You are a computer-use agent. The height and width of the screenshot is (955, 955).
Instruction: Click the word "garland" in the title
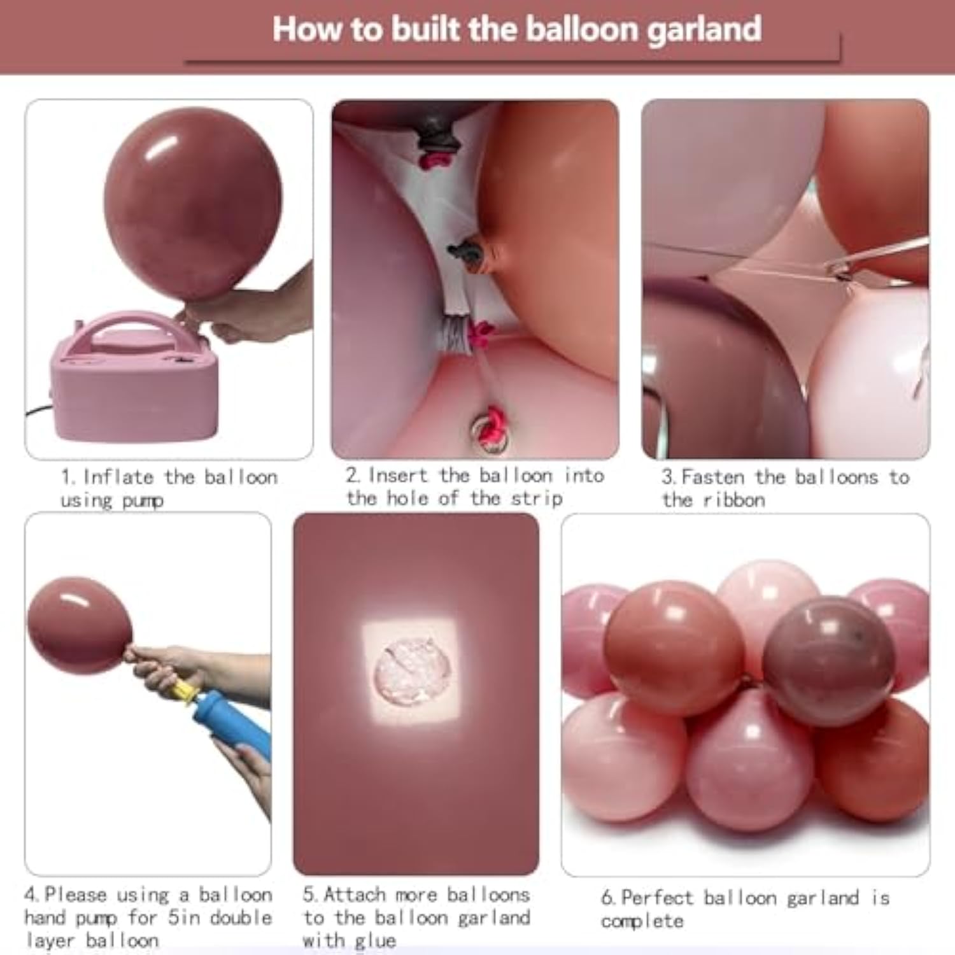pos(704,30)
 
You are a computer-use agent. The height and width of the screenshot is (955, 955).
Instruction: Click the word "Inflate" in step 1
pos(118,477)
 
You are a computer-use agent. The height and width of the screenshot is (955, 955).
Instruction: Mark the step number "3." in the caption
pos(668,478)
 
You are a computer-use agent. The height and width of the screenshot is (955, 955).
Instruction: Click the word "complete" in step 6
pos(642,921)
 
